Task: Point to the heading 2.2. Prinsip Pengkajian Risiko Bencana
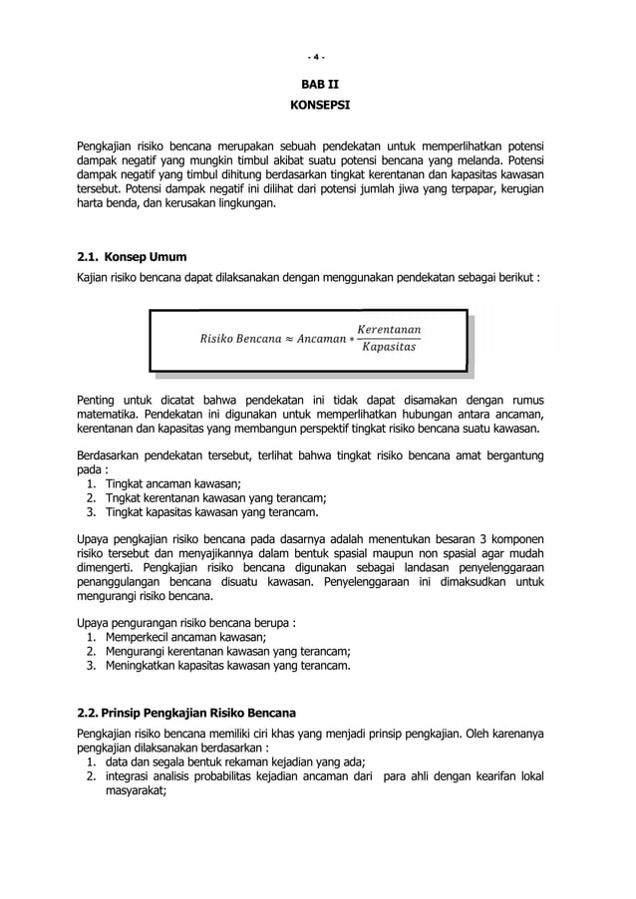click(x=186, y=714)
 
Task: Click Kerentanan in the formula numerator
click(x=388, y=329)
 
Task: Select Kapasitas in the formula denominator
click(x=389, y=349)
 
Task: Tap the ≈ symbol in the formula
click(x=277, y=339)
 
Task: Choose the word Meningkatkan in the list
click(x=142, y=667)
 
